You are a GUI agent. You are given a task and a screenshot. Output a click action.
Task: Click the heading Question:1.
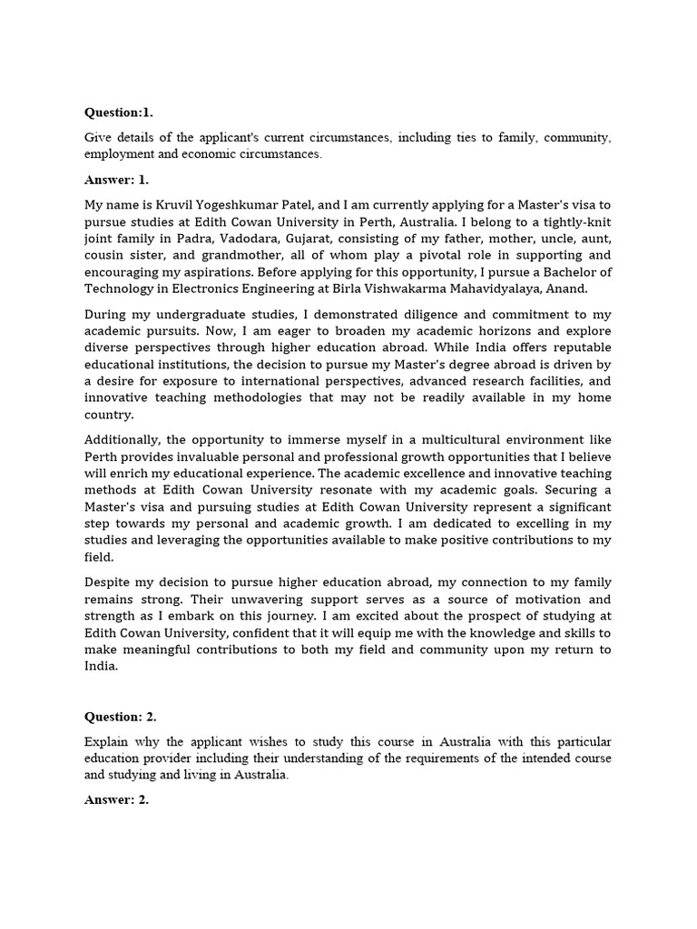click(x=119, y=112)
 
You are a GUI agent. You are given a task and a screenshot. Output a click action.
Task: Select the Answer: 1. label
click(x=116, y=179)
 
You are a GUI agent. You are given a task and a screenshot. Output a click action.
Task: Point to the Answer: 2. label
click(x=116, y=799)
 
